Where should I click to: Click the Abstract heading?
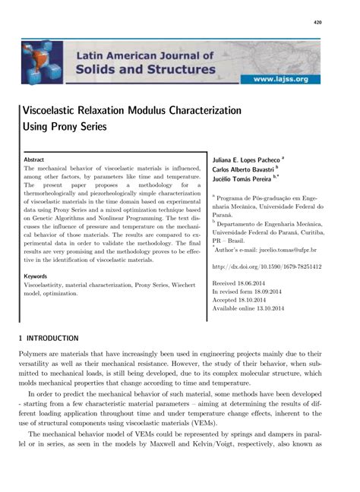coord(34,160)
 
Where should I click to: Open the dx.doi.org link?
coord(266,267)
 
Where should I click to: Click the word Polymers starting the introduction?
coord(36,354)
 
